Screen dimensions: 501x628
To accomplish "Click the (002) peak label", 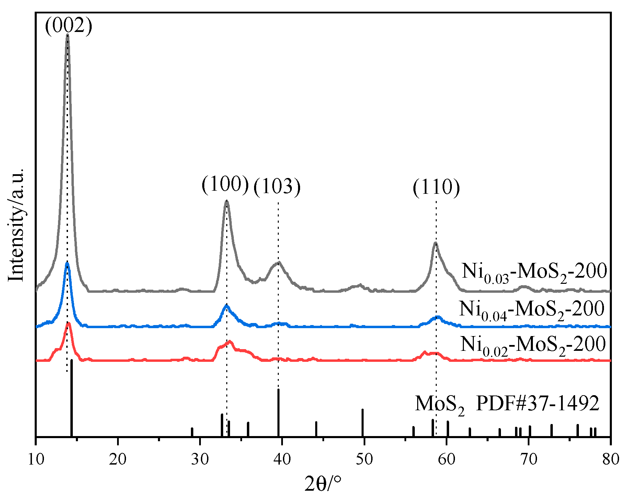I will point(69,26).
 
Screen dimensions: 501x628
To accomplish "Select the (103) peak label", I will point(277,187).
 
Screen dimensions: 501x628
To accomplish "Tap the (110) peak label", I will point(436,188).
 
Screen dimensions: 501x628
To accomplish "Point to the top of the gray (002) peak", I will point(68,35).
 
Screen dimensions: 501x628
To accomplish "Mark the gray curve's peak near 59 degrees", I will point(435,243).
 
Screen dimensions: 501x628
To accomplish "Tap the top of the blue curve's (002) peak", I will point(67,263).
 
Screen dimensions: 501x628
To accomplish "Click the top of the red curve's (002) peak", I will point(68,323).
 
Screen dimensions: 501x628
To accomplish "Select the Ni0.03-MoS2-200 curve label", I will point(534,272).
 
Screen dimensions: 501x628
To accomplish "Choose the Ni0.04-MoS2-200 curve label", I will point(532,309).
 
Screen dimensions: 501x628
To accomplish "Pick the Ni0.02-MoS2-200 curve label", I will point(533,345).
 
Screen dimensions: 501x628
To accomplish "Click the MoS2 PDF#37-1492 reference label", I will point(507,404).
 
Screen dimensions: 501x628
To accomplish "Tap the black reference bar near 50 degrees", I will point(363,423).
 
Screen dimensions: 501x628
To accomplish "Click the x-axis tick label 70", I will point(529,459).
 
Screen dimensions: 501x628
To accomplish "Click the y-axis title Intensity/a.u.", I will point(16,225).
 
